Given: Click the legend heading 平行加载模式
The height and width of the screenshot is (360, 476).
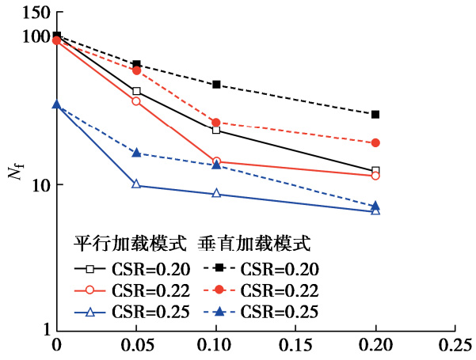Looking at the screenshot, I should (130, 242).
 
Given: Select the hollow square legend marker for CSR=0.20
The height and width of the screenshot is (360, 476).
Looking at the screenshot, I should (91, 268).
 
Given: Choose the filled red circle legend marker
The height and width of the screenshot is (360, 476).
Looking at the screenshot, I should (221, 290).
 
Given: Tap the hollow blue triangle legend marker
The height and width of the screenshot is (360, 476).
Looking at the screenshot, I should (91, 313).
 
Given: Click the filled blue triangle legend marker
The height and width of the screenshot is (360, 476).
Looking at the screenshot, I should (221, 313).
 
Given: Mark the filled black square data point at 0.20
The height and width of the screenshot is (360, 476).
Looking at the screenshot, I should (375, 115).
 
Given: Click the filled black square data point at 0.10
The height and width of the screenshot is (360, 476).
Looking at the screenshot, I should (216, 85).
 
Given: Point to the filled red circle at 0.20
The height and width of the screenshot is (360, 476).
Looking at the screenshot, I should (375, 143).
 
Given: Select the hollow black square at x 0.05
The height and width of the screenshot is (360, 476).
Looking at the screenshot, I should (136, 91).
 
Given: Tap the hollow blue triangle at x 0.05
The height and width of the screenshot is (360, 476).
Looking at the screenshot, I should (136, 184).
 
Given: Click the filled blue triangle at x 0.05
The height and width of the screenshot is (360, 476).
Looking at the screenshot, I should (136, 153).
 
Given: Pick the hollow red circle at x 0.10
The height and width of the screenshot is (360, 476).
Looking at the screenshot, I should (216, 161).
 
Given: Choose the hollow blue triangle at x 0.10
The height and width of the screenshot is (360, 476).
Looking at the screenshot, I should (216, 194).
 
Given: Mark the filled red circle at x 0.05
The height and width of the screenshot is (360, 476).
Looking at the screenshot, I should (136, 70).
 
